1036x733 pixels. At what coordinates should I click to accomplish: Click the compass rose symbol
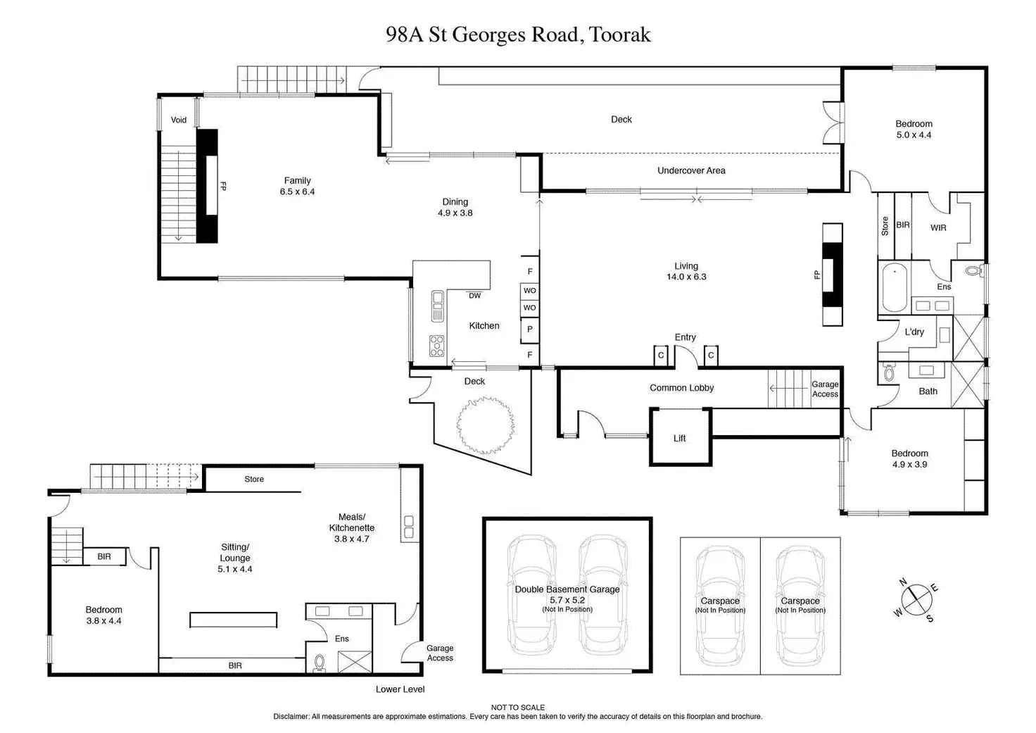916,600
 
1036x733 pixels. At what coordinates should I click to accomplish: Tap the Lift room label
679,438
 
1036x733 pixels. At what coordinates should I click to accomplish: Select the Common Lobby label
681,388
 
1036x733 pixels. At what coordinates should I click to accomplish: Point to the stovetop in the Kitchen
437,346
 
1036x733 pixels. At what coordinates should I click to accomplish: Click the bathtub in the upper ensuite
895,287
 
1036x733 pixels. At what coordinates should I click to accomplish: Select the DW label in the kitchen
475,296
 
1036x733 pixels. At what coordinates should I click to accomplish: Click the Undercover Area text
691,170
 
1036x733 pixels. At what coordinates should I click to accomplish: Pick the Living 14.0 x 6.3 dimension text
686,277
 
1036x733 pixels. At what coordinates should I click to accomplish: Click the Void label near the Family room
179,120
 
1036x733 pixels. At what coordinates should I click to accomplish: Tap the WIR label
938,228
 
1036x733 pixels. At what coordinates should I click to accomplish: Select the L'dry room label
914,332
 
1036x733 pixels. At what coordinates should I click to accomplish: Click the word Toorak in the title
621,35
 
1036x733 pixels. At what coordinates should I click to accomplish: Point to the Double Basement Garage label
567,589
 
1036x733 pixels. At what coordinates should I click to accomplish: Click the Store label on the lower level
254,479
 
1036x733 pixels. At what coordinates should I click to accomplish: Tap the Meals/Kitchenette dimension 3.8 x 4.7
351,539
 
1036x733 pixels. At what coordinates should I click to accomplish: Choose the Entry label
685,337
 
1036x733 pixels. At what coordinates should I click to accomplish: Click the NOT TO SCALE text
518,708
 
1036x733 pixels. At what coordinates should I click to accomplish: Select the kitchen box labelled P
529,329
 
